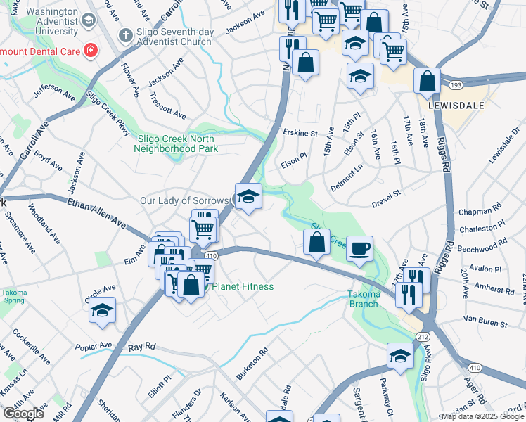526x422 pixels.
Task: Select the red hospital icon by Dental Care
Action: [90, 50]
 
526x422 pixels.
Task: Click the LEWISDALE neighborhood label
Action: [462, 105]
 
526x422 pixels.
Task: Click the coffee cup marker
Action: [359, 248]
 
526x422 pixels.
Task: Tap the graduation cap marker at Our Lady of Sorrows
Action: [248, 196]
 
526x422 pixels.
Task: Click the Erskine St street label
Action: [300, 133]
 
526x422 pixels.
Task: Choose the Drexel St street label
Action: [386, 193]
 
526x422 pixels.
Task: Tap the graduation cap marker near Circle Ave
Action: [103, 310]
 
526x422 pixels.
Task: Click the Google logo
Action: [23, 414]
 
